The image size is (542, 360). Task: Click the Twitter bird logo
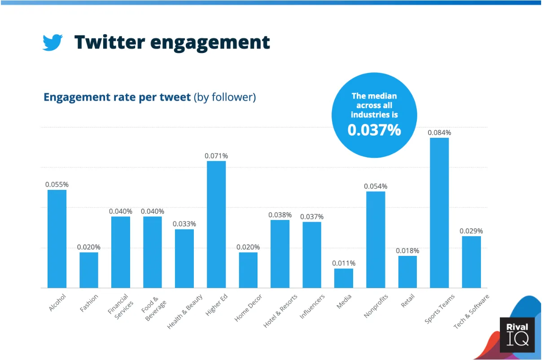[x=52, y=43]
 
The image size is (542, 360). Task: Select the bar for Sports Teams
[x=439, y=213]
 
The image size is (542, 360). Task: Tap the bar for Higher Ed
[x=216, y=224]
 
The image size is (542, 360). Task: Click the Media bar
[x=344, y=278]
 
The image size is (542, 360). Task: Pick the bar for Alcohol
[x=57, y=239]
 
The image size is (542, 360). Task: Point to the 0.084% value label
[x=439, y=133]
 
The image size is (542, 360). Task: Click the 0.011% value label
[x=344, y=263]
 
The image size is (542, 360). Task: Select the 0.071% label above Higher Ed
[x=216, y=156]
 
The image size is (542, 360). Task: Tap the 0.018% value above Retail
[x=407, y=251]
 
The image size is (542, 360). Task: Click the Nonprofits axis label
[x=376, y=306]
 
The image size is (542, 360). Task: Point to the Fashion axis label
[x=88, y=303]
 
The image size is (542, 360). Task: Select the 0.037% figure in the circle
[x=374, y=130]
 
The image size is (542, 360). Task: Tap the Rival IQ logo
[x=517, y=335]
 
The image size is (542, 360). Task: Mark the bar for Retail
[x=407, y=272]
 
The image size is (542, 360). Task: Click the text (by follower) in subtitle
[x=225, y=97]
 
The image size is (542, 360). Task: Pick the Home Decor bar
[x=248, y=270]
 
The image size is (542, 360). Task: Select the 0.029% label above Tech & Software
[x=471, y=231]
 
